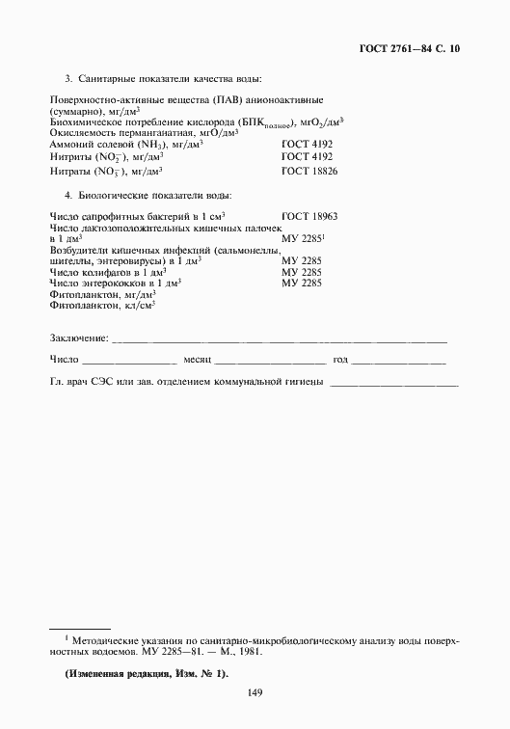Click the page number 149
(x=255, y=690)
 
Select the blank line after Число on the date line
(x=129, y=362)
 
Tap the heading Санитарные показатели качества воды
(x=169, y=78)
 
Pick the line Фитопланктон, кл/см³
(x=102, y=306)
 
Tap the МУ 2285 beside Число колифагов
(x=301, y=273)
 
